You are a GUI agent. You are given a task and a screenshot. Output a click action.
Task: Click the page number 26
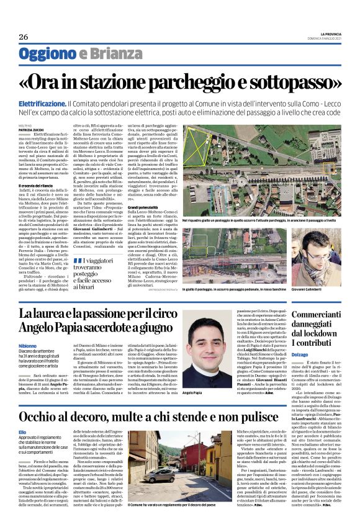click(24, 37)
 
